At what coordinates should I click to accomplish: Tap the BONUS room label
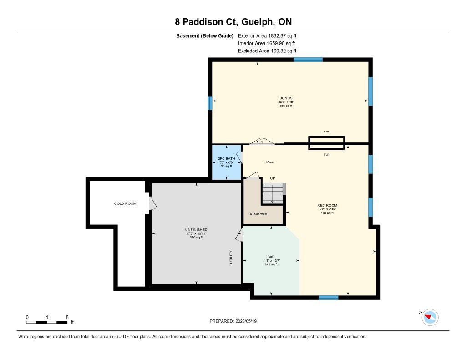click(286, 98)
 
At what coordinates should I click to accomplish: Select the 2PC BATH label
click(227, 158)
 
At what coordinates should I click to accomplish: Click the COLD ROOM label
click(125, 203)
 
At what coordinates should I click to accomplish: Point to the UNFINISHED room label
click(196, 230)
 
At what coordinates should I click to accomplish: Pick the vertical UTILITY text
click(231, 257)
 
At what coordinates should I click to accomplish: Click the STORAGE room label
click(258, 214)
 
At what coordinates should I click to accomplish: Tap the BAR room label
click(271, 257)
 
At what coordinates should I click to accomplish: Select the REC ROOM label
click(327, 205)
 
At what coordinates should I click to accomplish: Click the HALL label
click(269, 162)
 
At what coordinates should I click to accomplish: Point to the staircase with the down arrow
click(273, 193)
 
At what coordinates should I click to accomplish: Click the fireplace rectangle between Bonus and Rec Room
click(326, 143)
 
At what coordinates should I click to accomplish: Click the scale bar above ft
click(47, 322)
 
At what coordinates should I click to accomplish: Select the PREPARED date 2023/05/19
click(233, 321)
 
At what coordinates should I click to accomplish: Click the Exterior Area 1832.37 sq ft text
click(267, 36)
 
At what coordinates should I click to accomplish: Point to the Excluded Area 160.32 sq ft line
click(267, 51)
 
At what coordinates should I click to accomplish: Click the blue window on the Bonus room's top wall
click(308, 60)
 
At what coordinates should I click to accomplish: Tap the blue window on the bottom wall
click(329, 298)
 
